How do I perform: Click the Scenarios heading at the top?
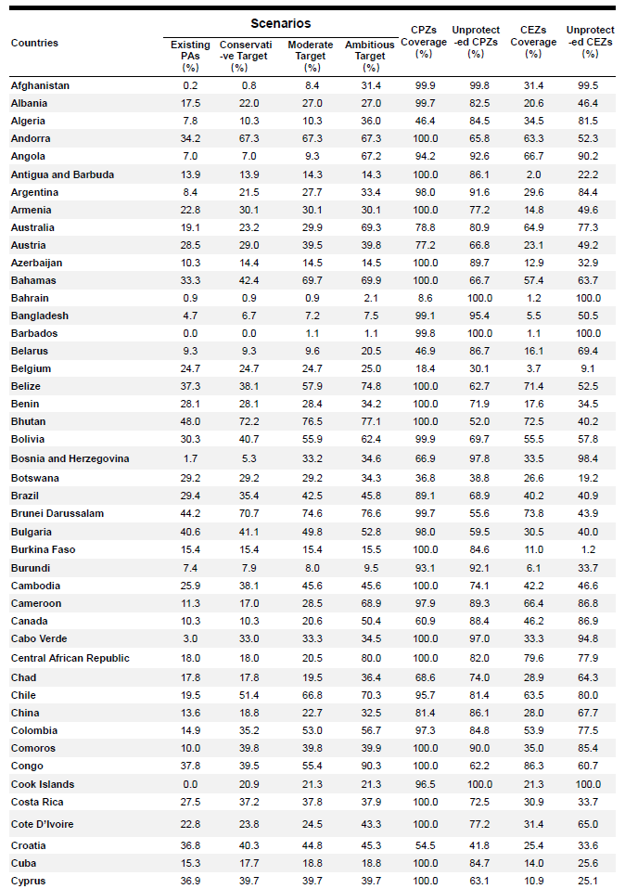coord(280,23)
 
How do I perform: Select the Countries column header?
coord(34,43)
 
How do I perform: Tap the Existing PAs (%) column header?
coord(190,56)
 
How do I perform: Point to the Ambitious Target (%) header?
coord(370,56)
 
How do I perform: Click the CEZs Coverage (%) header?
coord(533,42)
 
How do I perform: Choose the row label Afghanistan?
coord(40,85)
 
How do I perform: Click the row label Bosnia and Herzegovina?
coord(70,458)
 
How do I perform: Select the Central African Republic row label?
coord(70,658)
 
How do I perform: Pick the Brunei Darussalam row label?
coord(57,513)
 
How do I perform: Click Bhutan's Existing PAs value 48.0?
coord(190,421)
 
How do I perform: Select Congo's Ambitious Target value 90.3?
coord(370,767)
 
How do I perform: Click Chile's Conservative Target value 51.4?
coord(240,695)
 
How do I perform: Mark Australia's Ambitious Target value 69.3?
coord(370,227)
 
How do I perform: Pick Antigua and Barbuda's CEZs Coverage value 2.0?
coord(533,174)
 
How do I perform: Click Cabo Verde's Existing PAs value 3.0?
coord(190,638)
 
